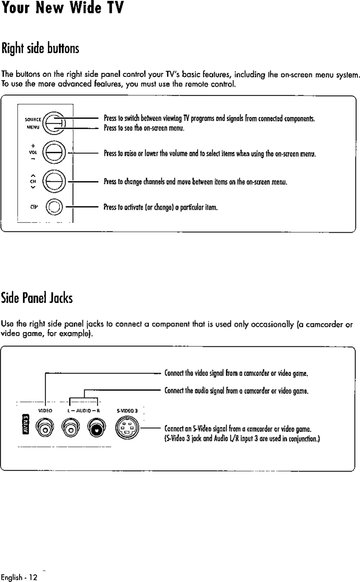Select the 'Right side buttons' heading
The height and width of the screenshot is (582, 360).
40,49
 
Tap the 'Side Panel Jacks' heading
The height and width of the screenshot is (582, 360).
37,298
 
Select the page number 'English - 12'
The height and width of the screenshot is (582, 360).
19,577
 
